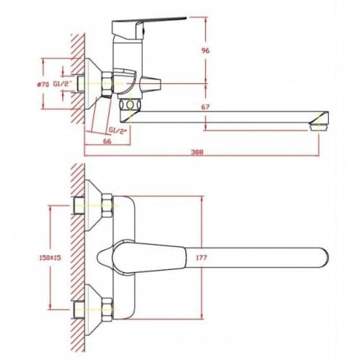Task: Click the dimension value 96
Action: [206, 51]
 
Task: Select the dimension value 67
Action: [206, 106]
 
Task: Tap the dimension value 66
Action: [107, 141]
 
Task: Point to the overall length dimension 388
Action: [197, 152]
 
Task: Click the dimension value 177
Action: [201, 258]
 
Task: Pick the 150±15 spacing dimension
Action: [50, 258]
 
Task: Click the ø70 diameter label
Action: [43, 84]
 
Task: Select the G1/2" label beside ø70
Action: [63, 84]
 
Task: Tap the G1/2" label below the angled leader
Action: [118, 130]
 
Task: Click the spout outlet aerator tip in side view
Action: [319, 127]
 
